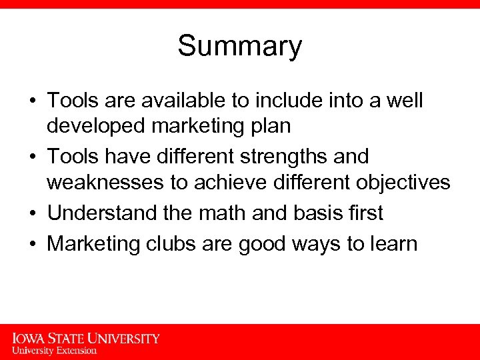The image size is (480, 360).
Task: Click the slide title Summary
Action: [x=239, y=47]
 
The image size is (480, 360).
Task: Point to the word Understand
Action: [x=102, y=213]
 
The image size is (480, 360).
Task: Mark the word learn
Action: [x=391, y=243]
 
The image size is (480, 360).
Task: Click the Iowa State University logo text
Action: [x=86, y=338]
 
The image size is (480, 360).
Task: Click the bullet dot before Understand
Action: [x=32, y=214]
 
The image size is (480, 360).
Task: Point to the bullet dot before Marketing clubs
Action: [x=32, y=244]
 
